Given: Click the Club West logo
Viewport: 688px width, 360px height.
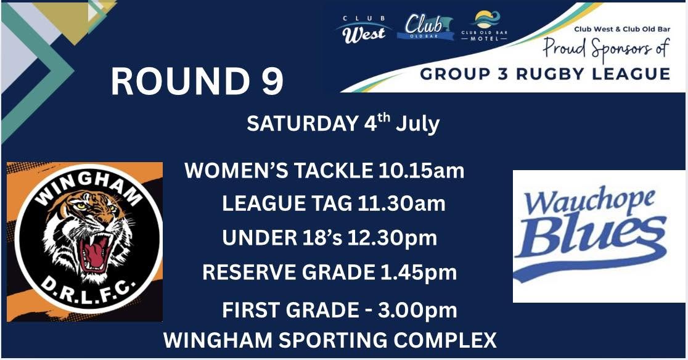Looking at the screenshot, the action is [x=363, y=30].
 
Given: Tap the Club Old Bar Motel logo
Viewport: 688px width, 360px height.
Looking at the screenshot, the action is [x=485, y=25].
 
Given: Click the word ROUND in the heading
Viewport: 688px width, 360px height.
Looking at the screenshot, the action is [x=179, y=81].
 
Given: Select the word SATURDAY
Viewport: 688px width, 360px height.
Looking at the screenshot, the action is [x=303, y=123].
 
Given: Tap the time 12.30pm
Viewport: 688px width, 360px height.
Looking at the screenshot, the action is [x=392, y=238].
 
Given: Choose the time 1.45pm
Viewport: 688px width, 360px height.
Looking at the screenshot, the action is [x=419, y=272].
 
